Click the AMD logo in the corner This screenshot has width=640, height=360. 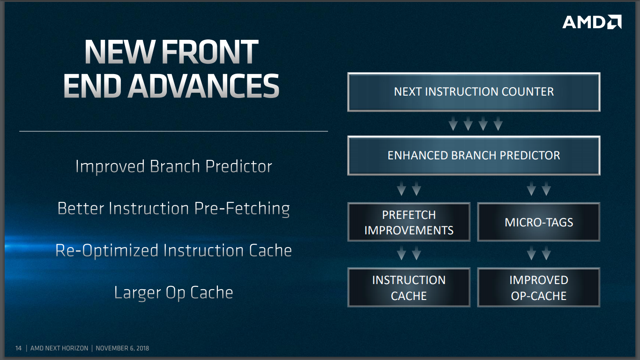point(592,22)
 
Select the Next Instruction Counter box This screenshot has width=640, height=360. point(474,92)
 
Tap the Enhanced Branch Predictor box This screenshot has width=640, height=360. point(474,156)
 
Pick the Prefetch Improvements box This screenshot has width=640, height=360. point(409,222)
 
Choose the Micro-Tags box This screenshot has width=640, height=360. point(539,222)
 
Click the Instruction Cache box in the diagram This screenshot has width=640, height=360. point(409,287)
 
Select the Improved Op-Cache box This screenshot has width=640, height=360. point(539,287)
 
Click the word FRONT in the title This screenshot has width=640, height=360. point(210,52)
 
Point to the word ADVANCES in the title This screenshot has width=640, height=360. point(203,86)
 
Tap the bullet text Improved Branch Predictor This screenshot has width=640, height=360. point(174,166)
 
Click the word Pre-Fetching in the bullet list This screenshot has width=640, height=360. point(242,209)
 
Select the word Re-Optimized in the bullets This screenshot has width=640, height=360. point(107,250)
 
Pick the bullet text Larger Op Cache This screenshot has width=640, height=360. point(174,292)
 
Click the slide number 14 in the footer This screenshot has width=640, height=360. point(18,348)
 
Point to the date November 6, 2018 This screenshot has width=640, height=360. point(122,348)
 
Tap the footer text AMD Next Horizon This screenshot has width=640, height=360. point(59,348)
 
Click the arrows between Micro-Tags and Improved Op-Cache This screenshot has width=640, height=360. point(539,253)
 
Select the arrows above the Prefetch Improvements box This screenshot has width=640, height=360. point(409,188)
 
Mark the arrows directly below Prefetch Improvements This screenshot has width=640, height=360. point(409,253)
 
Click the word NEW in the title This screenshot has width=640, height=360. point(120,52)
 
